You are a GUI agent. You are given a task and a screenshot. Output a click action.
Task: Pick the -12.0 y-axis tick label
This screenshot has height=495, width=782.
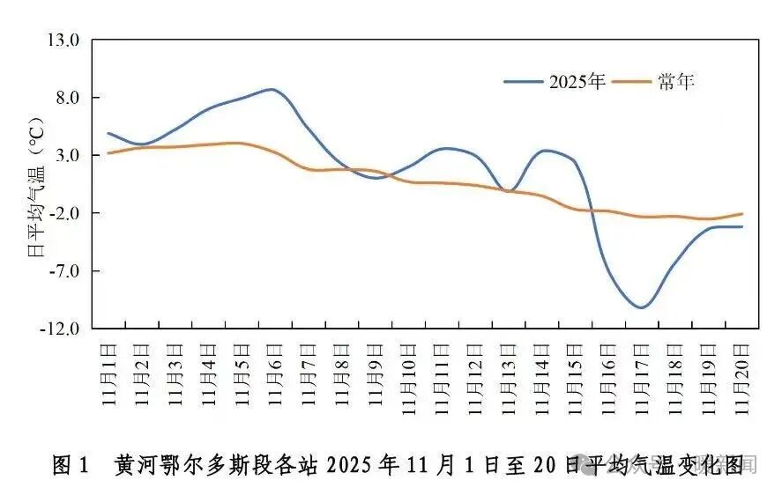click(63, 329)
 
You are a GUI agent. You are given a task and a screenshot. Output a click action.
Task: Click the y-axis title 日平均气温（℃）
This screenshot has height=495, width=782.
click(36, 185)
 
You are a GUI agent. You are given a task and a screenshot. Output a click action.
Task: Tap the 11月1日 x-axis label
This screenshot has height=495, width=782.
click(108, 374)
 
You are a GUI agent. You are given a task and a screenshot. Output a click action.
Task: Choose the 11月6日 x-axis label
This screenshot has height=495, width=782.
click(275, 374)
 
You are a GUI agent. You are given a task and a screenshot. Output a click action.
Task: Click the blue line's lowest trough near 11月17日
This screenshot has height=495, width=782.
click(641, 307)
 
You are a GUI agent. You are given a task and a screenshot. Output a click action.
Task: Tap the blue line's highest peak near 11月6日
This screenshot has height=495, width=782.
click(271, 89)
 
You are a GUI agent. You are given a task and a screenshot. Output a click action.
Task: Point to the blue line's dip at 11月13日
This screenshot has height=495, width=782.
click(508, 190)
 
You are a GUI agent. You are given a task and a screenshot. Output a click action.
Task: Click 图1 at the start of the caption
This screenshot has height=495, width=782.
click(71, 464)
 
